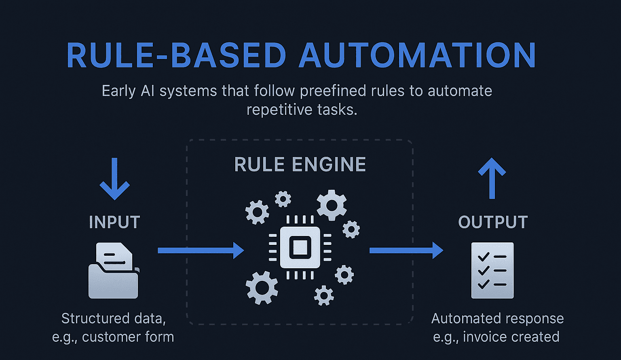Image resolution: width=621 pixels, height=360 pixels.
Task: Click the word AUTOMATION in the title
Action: pos(417,55)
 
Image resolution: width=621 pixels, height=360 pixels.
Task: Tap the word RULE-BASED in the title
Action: pos(177,55)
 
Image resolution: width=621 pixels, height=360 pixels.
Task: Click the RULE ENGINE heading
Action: pos(300,164)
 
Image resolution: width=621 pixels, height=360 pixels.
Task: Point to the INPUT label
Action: pos(114,222)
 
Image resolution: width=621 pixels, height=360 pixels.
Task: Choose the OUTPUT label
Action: pos(493,222)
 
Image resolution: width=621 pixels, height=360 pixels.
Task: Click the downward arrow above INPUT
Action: pos(114,179)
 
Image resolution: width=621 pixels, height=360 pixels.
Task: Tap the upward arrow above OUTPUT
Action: pos(492,178)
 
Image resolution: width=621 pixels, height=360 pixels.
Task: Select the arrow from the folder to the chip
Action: pos(201,251)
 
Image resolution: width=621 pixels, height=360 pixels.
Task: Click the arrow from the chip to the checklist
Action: pos(406,251)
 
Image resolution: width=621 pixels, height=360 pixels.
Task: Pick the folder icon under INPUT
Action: pos(113,270)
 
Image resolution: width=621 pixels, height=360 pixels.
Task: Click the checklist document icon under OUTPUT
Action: pos(492,270)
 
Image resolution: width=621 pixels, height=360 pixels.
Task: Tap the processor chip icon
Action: pos(300,247)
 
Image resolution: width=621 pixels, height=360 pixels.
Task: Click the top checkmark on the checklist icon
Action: pos(484,257)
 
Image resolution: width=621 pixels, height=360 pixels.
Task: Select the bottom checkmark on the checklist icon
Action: pos(484,284)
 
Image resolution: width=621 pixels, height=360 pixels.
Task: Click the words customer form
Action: pos(128,337)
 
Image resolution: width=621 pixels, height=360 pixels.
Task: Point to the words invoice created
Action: pos(511,337)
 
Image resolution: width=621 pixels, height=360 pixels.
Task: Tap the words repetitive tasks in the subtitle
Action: pos(302,110)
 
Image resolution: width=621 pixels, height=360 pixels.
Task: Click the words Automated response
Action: pos(497,319)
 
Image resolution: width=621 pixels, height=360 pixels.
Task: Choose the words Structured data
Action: pos(114,319)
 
